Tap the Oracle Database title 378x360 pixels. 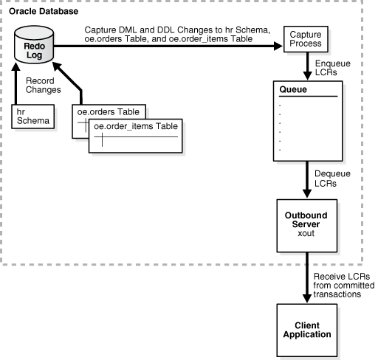click(x=44, y=11)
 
